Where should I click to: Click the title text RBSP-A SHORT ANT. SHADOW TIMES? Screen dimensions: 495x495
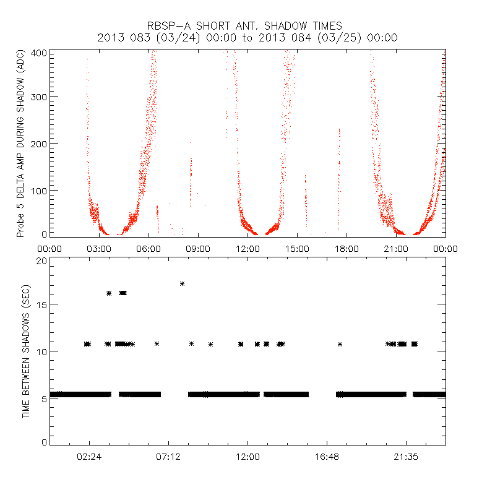pos(247,25)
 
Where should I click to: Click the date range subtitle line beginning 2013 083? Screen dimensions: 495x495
pos(247,38)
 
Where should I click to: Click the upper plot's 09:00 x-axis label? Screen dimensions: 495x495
pos(198,248)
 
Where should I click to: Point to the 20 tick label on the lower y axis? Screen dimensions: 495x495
pos(42,260)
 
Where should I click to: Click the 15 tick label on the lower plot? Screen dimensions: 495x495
pos(42,304)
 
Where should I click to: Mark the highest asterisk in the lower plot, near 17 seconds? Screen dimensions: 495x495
pos(182,283)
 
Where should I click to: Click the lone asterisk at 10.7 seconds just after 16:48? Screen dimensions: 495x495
pos(340,343)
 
